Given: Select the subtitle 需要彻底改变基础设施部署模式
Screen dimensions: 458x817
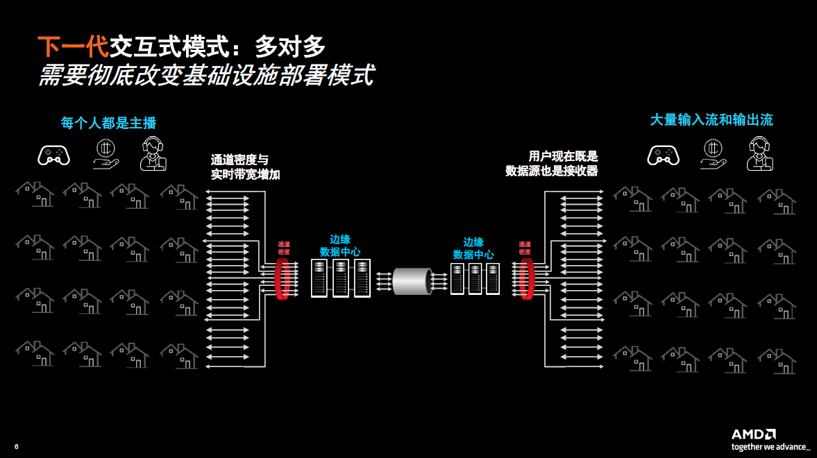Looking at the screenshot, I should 206,75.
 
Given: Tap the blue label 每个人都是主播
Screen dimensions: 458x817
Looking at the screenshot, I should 108,124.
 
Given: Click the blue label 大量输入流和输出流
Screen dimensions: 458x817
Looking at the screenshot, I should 711,120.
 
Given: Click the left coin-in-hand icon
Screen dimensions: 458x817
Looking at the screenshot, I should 106,153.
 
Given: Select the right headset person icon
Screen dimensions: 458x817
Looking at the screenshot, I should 759,153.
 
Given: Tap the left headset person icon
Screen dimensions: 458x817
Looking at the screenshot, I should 153,153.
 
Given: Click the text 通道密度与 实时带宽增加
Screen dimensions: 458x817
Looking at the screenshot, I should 246,167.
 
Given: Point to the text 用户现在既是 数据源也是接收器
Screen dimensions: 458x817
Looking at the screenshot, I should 552,164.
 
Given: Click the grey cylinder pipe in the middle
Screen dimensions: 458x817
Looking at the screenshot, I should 412,280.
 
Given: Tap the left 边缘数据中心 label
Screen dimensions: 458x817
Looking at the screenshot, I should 340,245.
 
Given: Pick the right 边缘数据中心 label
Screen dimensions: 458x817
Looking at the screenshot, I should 473,248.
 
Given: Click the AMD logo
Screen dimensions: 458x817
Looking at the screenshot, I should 753,434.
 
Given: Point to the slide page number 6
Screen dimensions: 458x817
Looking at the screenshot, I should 16,446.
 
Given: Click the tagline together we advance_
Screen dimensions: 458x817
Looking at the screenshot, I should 770,446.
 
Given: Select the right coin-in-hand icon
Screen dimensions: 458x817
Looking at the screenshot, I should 711,153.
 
